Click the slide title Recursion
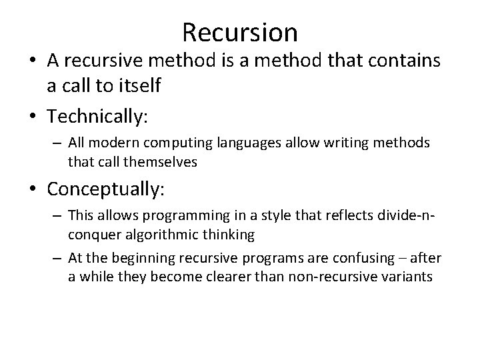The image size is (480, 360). point(239,31)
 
